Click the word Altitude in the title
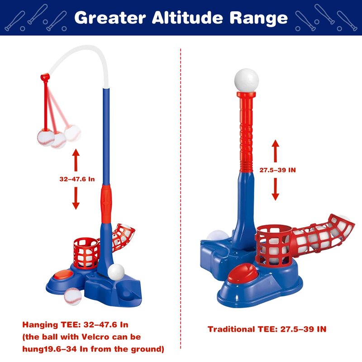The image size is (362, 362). tap(187, 18)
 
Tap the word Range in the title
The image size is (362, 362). tap(259, 19)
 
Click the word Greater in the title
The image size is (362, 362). tap(110, 18)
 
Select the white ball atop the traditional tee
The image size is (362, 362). tap(247, 81)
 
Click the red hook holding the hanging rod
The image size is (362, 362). tap(45, 77)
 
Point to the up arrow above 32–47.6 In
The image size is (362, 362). tap(76, 160)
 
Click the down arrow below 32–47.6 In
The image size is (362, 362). tap(76, 198)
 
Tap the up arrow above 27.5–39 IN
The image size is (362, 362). tap(275, 151)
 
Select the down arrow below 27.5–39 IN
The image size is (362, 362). tap(275, 189)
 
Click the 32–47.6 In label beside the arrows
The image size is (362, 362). tap(77, 179)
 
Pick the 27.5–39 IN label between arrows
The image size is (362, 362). tap(277, 170)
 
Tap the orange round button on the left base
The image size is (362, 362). tap(63, 275)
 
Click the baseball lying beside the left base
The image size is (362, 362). tap(73, 296)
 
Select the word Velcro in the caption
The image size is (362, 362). tap(95, 337)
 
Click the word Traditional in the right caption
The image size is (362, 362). tap(231, 329)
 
